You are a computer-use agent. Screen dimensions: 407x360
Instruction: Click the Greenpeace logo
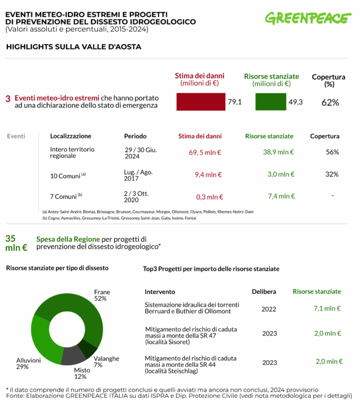(307, 18)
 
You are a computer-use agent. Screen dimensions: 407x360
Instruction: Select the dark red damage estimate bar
(201, 102)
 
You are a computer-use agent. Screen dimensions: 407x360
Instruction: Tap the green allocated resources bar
(270, 102)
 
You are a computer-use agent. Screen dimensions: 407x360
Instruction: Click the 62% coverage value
(330, 102)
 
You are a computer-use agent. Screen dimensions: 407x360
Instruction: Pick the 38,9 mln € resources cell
(278, 153)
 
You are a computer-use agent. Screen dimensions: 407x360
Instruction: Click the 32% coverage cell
(332, 174)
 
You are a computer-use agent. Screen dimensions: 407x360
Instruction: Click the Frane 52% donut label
(102, 295)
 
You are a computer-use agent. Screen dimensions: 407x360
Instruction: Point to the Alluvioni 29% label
(29, 364)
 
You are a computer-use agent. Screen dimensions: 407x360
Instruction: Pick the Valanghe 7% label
(106, 361)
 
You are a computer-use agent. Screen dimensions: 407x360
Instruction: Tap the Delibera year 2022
(269, 309)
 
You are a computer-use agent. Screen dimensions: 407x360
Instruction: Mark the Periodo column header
(135, 136)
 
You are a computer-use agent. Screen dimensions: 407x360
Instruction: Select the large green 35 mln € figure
(16, 243)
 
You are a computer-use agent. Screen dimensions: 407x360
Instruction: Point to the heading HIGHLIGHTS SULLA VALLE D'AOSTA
(73, 46)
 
